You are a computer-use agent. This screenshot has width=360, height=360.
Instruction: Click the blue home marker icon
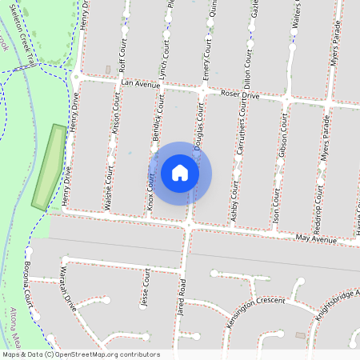coord(180,173)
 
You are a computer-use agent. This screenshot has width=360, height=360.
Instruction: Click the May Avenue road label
coord(315,238)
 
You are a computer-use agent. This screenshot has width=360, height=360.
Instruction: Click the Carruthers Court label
coord(241,146)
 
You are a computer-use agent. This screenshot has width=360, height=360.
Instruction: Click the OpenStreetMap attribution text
coord(81,354)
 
